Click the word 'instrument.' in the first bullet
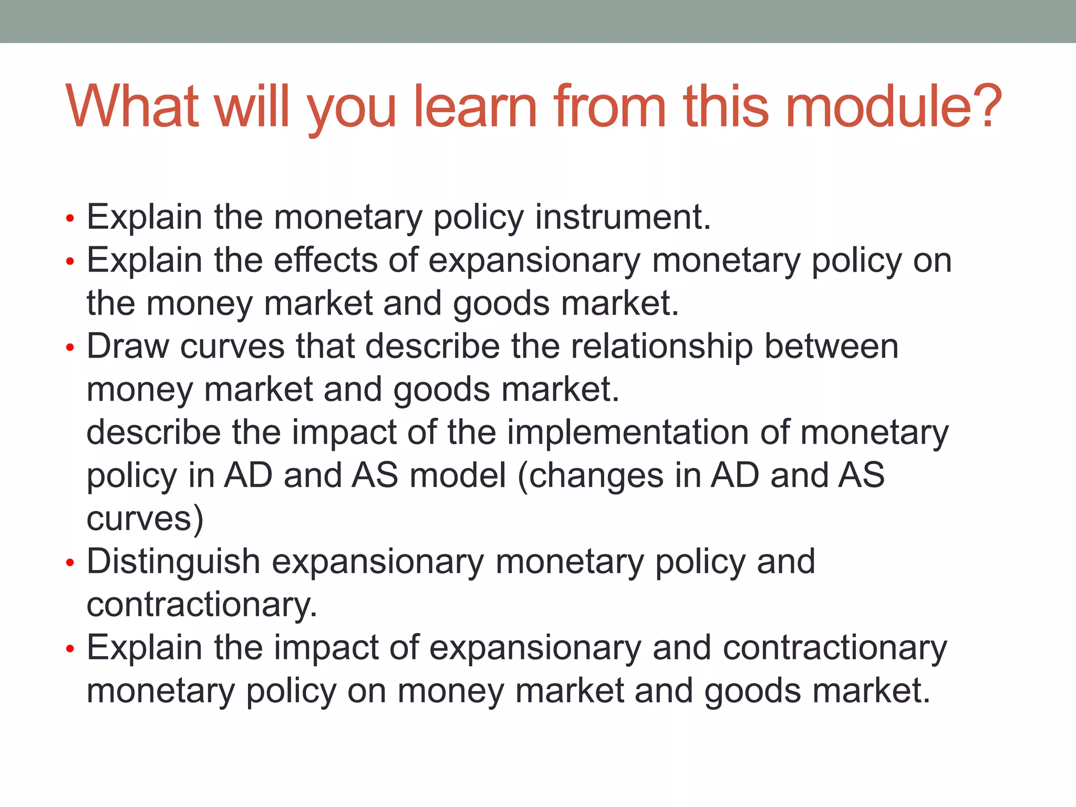623,217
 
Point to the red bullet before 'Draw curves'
70,348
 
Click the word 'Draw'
128,347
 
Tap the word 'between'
831,347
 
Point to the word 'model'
458,475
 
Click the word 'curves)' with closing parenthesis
145,520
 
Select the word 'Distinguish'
173,562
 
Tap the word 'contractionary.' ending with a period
202,605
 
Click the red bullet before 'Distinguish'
70,563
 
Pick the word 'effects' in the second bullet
326,260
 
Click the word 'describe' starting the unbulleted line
153,433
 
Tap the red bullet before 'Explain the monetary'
70,218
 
